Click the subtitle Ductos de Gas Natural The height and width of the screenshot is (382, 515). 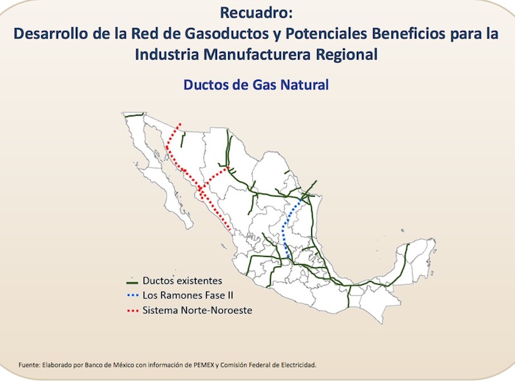coord(256,85)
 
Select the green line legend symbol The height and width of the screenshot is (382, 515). coord(132,281)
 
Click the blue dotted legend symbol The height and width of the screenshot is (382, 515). coord(132,296)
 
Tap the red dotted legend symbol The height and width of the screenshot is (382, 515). coord(132,311)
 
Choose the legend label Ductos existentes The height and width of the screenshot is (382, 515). coord(182,281)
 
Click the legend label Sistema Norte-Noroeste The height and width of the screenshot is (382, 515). coord(197,311)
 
